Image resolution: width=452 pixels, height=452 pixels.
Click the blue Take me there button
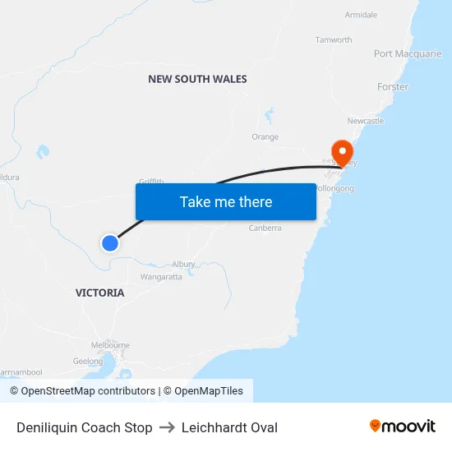[226, 201]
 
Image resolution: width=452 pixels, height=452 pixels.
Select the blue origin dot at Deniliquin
[109, 242]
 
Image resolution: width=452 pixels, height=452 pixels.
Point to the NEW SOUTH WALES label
[197, 79]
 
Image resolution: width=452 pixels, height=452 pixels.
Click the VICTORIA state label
[100, 293]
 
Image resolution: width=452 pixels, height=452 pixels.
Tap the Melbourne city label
[111, 345]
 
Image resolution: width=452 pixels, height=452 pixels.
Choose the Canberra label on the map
[265, 228]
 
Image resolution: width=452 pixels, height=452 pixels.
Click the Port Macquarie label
[408, 54]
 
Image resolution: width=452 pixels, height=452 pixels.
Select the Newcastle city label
[366, 121]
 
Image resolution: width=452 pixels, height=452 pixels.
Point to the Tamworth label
[334, 39]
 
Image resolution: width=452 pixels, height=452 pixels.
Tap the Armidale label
[362, 15]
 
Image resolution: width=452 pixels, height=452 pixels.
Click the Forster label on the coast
[393, 86]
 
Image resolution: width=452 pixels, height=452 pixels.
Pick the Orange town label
[265, 137]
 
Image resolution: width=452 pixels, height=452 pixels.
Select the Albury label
[183, 264]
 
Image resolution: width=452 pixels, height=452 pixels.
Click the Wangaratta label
[161, 277]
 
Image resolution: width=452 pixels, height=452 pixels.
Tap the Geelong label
[88, 361]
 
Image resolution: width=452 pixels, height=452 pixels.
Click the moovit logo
[403, 427]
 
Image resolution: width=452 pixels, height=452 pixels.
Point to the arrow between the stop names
[167, 427]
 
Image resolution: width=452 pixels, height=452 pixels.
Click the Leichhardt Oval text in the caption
[229, 427]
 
